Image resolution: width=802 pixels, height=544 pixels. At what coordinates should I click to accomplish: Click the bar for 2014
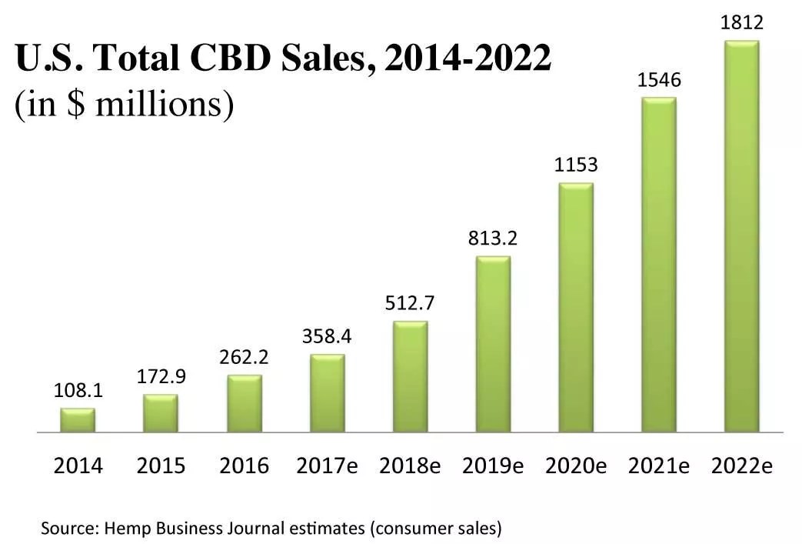pyautogui.click(x=78, y=420)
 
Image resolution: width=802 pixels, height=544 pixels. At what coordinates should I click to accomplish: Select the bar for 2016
pyautogui.click(x=244, y=404)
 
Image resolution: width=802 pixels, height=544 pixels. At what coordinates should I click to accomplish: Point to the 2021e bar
pyautogui.click(x=659, y=265)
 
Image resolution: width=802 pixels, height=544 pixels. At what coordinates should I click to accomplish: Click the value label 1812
pyautogui.click(x=741, y=24)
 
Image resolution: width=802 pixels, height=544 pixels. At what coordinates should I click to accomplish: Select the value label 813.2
pyautogui.click(x=493, y=238)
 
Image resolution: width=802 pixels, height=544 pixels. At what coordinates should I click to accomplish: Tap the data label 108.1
pyautogui.click(x=78, y=391)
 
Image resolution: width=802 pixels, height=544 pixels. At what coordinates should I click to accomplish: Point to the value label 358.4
pyautogui.click(x=327, y=337)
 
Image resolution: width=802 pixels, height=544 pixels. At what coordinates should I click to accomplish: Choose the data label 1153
pyautogui.click(x=576, y=165)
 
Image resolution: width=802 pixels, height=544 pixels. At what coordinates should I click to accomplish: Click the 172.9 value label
pyautogui.click(x=161, y=377)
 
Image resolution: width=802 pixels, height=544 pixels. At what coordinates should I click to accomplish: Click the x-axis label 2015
pyautogui.click(x=161, y=466)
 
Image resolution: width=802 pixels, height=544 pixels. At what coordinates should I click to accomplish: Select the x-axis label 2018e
pyautogui.click(x=410, y=466)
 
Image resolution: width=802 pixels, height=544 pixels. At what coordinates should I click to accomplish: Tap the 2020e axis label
pyautogui.click(x=576, y=466)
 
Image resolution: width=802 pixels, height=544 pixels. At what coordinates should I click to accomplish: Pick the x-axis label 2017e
pyautogui.click(x=327, y=466)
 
